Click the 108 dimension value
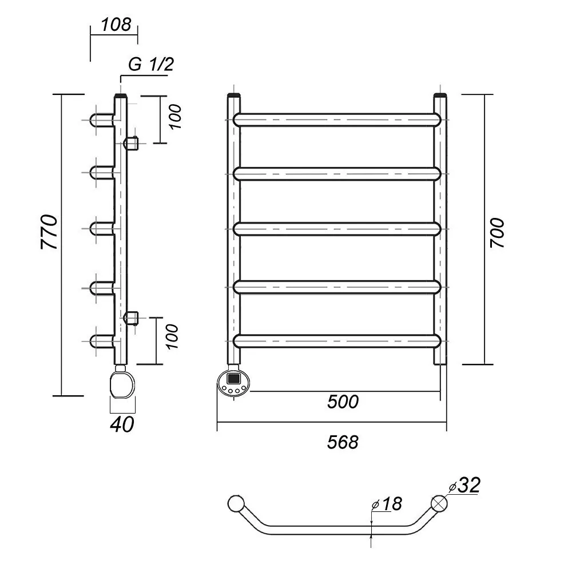[x=116, y=25]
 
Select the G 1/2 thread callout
[x=150, y=65]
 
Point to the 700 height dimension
[x=497, y=232]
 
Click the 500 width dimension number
[x=343, y=402]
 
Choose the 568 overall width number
[x=343, y=442]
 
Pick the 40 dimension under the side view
[x=123, y=424]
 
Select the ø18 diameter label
[x=387, y=504]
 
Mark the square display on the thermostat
[x=235, y=378]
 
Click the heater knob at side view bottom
[x=122, y=383]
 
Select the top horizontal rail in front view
[x=337, y=119]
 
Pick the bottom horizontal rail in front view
[x=337, y=340]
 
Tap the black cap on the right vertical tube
[x=440, y=96]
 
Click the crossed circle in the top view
[x=440, y=503]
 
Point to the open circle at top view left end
[x=235, y=504]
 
